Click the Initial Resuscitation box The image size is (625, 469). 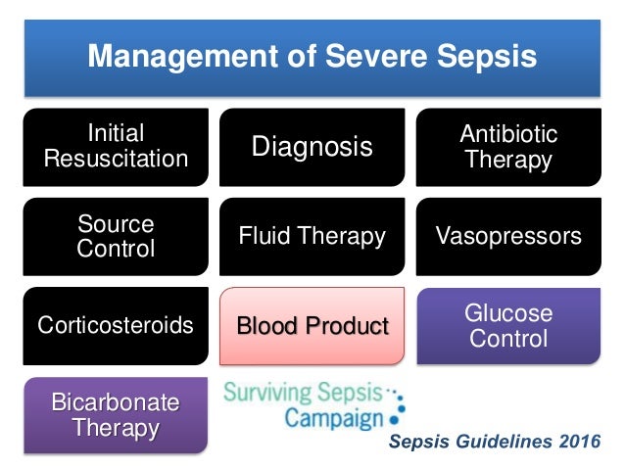click(116, 146)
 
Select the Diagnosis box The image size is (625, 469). click(312, 147)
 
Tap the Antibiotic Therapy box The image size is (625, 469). click(508, 146)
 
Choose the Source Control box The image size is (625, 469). click(116, 236)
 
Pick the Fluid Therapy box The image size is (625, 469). click(312, 236)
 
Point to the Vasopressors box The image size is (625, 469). click(508, 236)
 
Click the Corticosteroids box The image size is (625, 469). click(116, 325)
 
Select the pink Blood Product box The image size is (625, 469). click(312, 325)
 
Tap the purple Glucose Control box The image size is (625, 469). click(508, 325)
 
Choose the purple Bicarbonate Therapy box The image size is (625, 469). click(116, 415)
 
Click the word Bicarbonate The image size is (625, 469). click(116, 402)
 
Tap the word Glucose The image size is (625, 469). click(508, 313)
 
